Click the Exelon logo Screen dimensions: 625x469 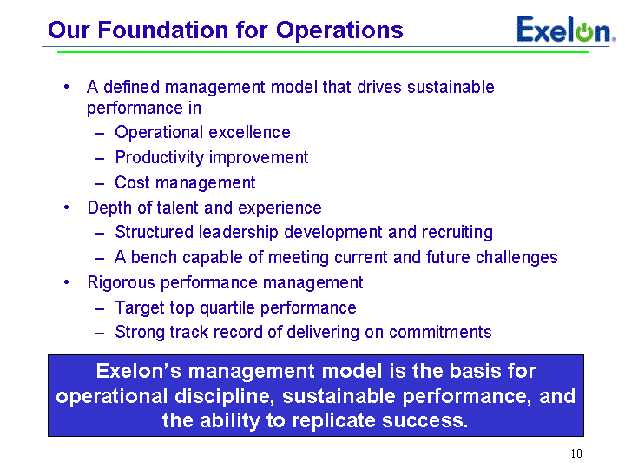pos(566,30)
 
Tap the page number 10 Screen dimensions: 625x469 pos(576,453)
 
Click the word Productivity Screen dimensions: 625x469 pos(160,158)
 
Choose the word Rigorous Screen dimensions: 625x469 pos(122,283)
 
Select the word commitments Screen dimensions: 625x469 pos(440,332)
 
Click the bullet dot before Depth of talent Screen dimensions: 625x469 pos(66,208)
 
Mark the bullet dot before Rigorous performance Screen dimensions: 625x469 pos(66,282)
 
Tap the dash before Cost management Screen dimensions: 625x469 pos(99,184)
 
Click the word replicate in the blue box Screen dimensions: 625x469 pos(334,420)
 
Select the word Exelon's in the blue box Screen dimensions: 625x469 pos(139,371)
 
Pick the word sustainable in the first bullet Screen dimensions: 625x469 pos(451,87)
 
